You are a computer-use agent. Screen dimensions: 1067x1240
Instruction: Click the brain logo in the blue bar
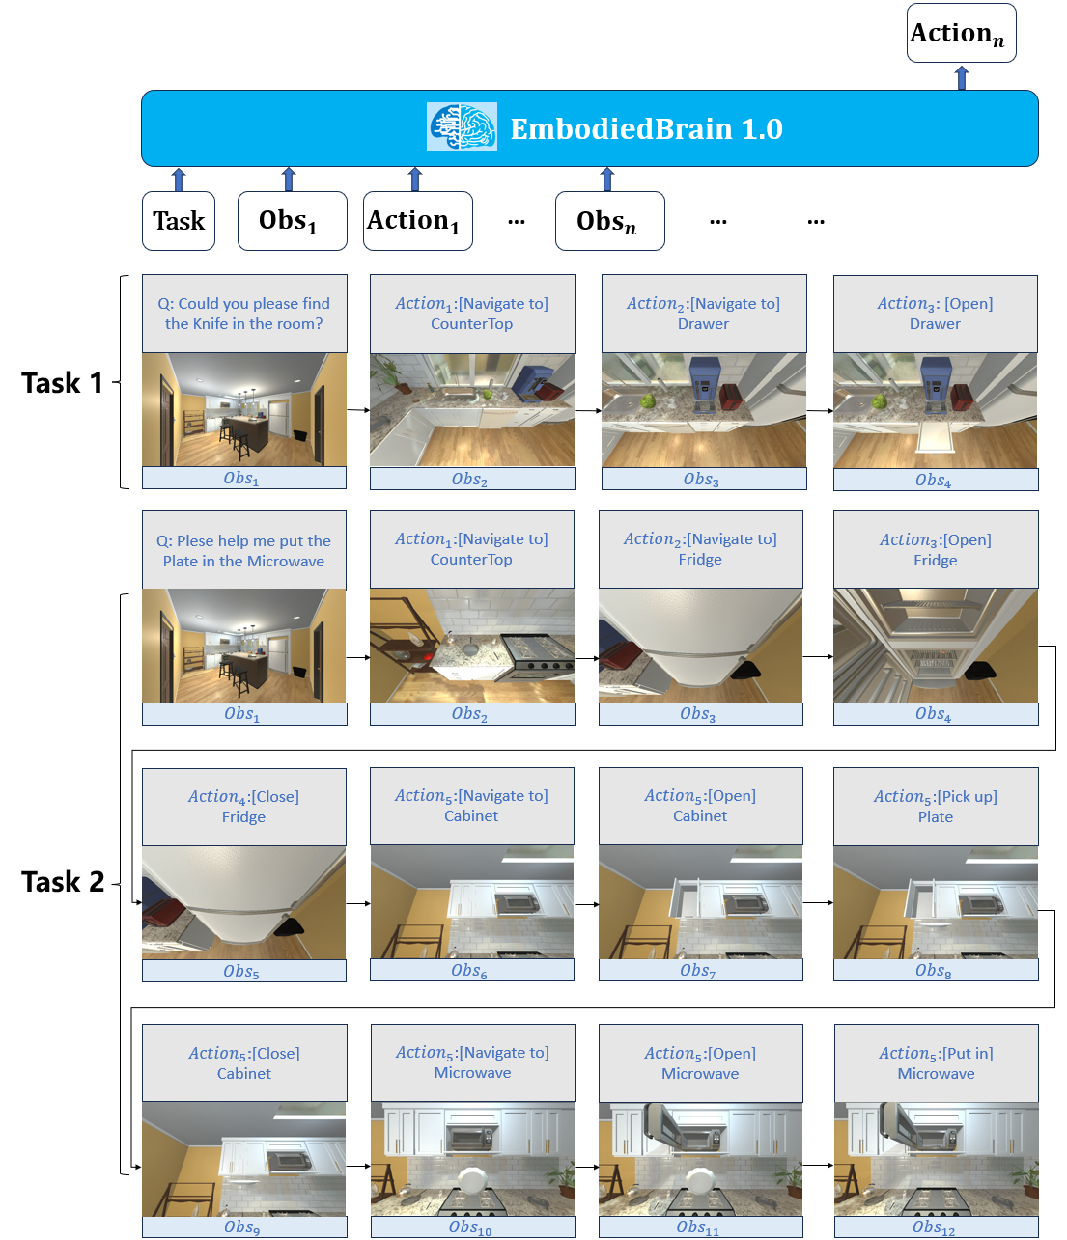click(x=462, y=126)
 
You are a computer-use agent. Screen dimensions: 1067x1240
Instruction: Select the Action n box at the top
click(x=961, y=33)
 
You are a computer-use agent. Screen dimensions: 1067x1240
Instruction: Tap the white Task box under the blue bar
click(x=179, y=221)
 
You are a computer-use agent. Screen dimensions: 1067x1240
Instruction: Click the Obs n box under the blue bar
click(x=609, y=221)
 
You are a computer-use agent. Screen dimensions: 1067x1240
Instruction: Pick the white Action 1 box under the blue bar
click(x=417, y=221)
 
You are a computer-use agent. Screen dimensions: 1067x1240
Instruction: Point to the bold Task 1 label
click(x=62, y=383)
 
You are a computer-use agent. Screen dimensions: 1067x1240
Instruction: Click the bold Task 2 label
click(x=63, y=882)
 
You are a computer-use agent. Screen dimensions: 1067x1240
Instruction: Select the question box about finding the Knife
click(x=244, y=314)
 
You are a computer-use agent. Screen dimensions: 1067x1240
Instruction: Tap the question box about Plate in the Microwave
click(x=243, y=550)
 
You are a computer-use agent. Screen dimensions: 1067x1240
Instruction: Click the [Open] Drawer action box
click(x=935, y=314)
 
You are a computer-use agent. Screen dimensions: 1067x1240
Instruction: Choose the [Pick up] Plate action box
click(x=936, y=807)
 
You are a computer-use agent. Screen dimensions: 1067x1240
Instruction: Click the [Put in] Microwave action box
click(x=936, y=1063)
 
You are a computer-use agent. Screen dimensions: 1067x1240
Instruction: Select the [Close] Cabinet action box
click(x=244, y=1063)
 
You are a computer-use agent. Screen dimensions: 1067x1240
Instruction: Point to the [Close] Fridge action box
click(x=243, y=807)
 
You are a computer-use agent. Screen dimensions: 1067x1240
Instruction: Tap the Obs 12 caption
click(x=936, y=1226)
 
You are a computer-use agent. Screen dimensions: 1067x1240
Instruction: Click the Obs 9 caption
click(x=244, y=1226)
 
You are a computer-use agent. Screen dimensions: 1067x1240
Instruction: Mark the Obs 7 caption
click(x=701, y=970)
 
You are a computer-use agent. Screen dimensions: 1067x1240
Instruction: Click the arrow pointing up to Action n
click(x=962, y=78)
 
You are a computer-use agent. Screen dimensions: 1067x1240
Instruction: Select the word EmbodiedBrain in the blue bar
click(x=621, y=129)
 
